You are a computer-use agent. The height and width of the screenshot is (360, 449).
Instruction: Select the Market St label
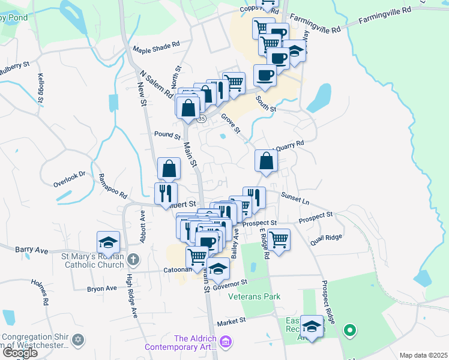[232, 322]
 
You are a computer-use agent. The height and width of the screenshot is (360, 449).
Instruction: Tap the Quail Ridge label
[327, 239]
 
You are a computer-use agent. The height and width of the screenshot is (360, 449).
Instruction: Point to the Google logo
[20, 353]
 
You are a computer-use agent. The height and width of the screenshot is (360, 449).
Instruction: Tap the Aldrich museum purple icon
[226, 343]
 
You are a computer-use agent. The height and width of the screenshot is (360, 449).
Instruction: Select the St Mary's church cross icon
[133, 260]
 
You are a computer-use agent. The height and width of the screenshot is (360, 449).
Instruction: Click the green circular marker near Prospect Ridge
[349, 331]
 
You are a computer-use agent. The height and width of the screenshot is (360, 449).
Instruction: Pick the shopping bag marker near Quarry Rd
[266, 161]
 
